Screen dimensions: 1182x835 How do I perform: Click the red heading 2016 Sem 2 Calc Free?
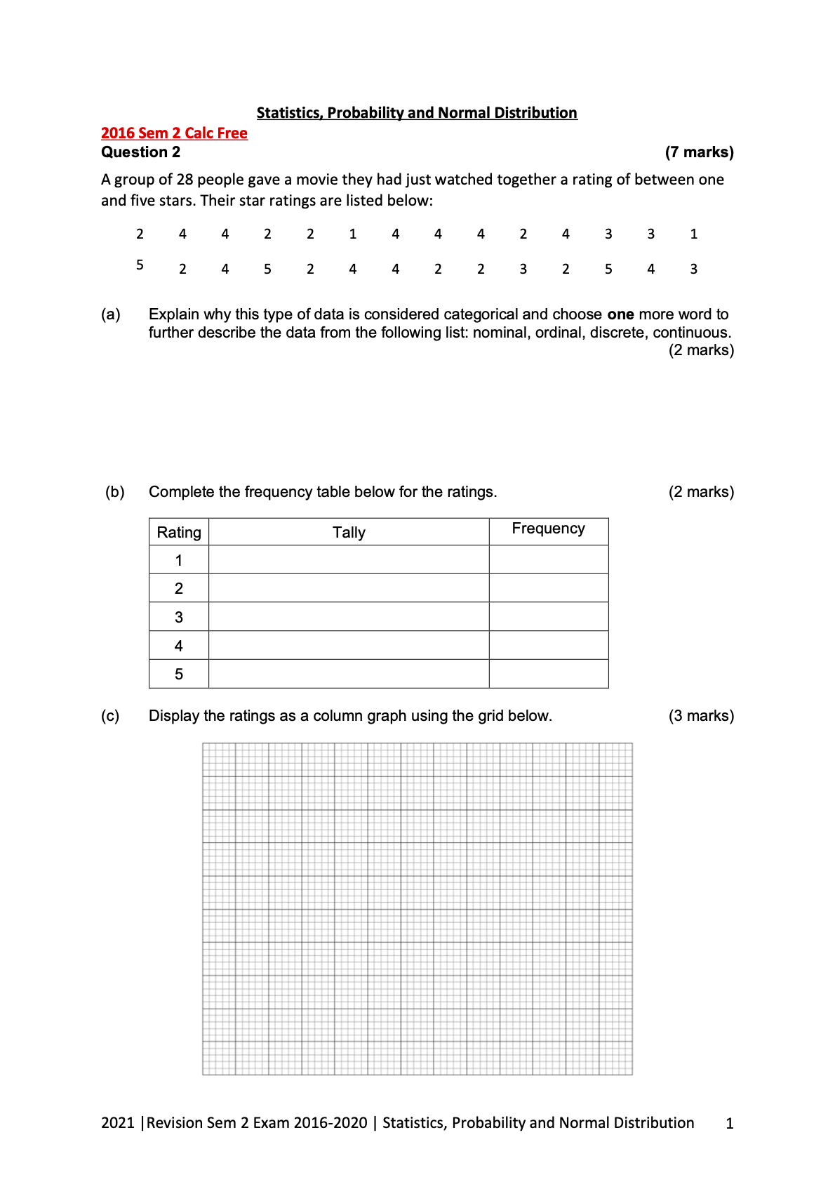pos(174,133)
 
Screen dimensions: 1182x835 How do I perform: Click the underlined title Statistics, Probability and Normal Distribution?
pos(417,113)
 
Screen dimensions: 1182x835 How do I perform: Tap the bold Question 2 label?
pos(140,152)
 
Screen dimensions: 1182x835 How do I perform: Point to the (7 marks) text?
pos(699,152)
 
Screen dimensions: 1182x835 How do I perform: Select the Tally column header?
pos(349,533)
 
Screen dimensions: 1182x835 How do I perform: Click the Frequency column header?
pos(548,529)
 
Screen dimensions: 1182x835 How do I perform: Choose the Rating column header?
pos(179,533)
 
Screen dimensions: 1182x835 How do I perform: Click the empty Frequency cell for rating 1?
pos(548,560)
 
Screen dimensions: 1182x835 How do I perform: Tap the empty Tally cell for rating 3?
pos(349,617)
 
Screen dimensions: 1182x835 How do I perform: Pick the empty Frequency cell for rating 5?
pos(548,674)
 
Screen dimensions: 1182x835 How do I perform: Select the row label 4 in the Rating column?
pos(179,646)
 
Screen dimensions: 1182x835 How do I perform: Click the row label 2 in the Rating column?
pos(179,588)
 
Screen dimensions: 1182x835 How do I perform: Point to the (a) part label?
pos(111,314)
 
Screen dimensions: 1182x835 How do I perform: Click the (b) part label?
pos(115,492)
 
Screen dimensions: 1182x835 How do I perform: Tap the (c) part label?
pos(110,716)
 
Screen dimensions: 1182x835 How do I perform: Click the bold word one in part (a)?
pos(620,314)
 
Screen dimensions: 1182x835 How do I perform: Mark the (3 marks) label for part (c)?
pos(701,716)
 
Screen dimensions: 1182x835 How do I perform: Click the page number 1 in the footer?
pos(730,1124)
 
